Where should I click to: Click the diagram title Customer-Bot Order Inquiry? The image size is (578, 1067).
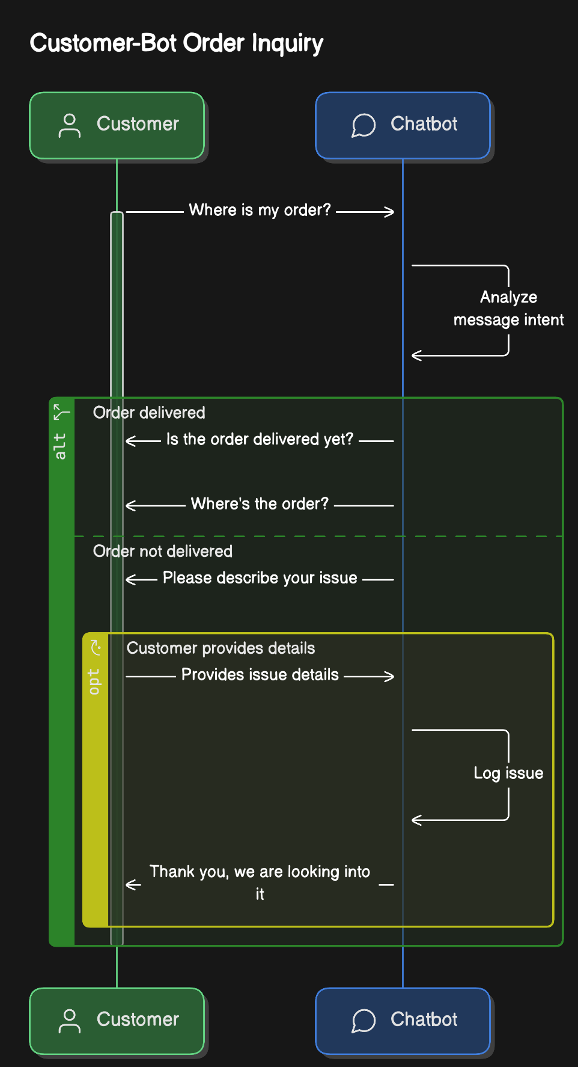pos(177,43)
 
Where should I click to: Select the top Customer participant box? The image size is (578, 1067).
pos(117,125)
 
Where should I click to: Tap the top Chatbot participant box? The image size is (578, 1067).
pos(403,125)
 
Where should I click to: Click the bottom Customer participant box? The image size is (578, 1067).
pos(117,1021)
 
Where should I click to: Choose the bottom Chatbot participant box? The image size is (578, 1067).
pos(403,1021)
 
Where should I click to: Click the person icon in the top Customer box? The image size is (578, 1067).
pos(70,125)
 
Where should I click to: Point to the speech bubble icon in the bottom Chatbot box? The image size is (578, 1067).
pos(364,1021)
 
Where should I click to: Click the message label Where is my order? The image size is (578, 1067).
pos(260,210)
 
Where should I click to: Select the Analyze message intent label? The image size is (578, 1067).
pos(508,309)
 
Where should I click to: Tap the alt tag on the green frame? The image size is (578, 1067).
pos(60,446)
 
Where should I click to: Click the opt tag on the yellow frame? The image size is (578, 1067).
pos(94,681)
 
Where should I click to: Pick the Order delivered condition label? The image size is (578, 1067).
pos(149,413)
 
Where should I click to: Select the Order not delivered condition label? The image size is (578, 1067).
pos(163,551)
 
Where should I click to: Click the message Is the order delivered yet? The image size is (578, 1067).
pos(260,439)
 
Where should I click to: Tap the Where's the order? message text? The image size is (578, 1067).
pos(260,503)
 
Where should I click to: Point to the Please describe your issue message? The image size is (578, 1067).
pos(260,578)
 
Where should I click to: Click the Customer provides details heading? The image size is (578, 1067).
pos(221,648)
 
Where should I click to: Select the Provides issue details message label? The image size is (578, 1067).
pos(260,675)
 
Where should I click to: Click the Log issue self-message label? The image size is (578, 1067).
pos(508,773)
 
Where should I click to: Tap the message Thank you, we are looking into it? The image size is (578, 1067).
pos(260,882)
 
